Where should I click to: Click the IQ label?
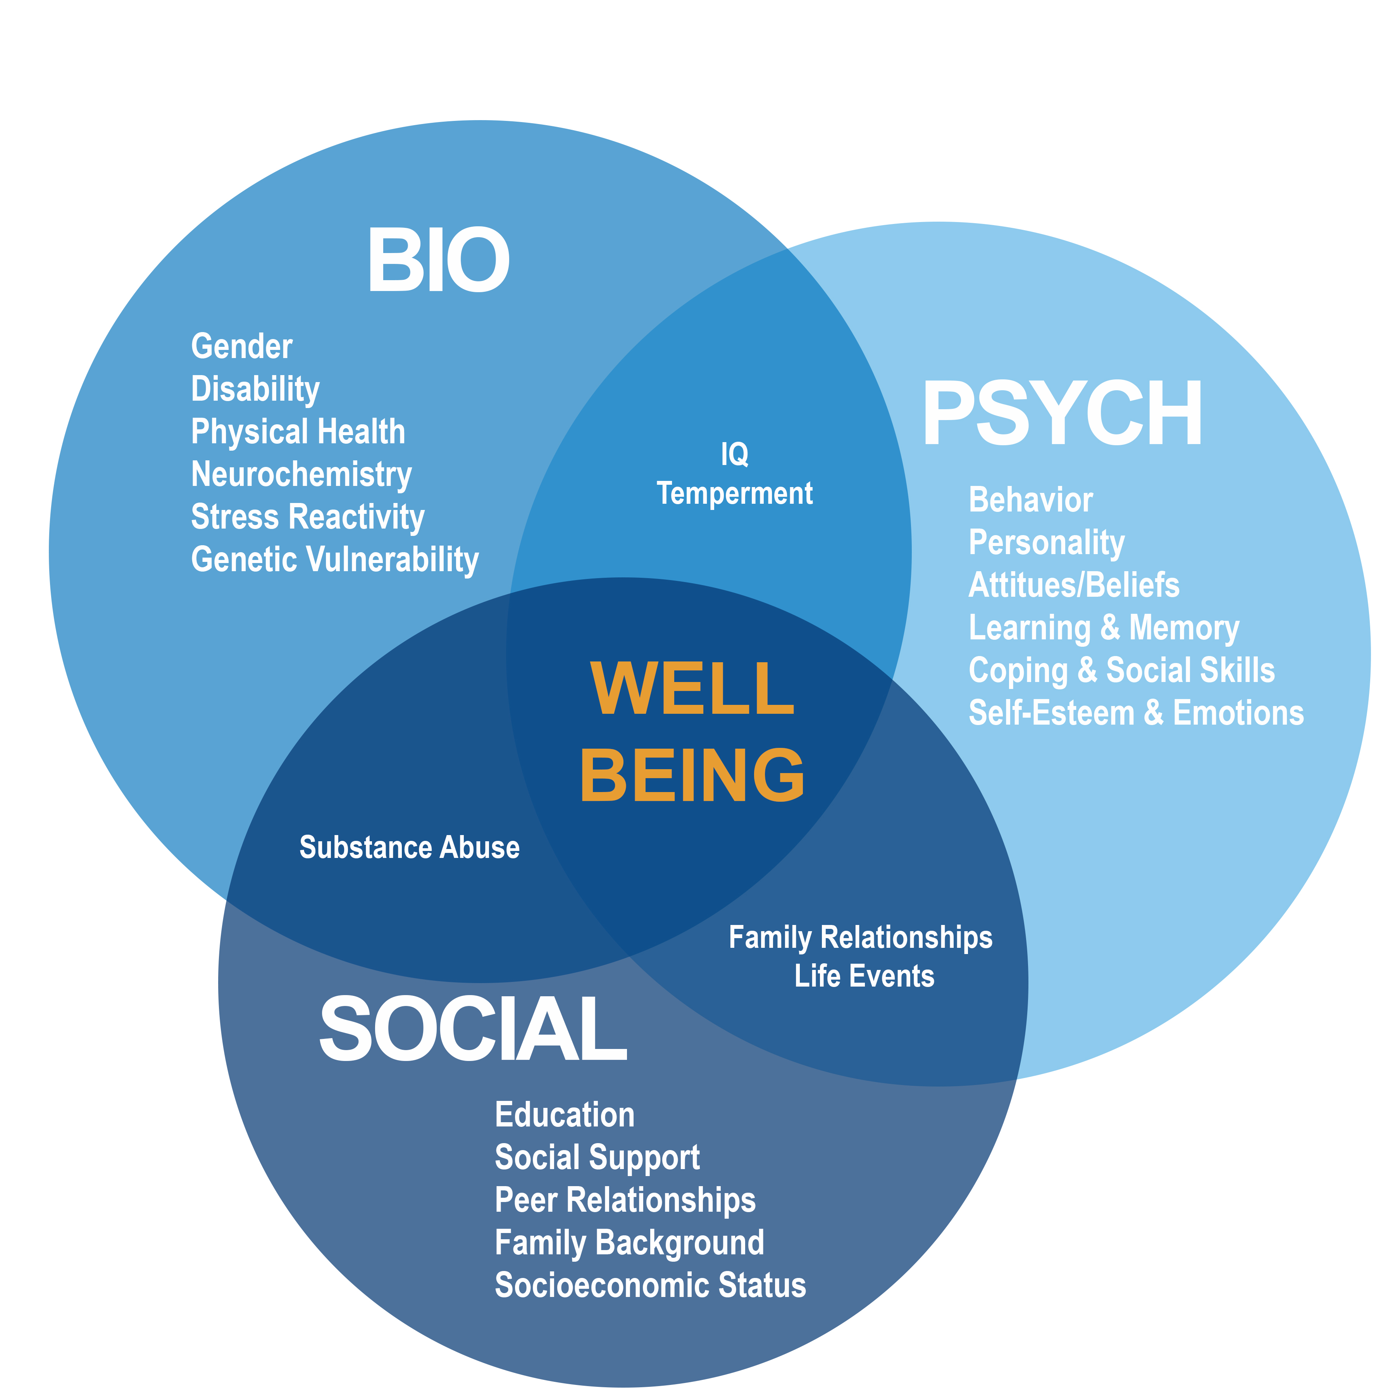point(734,454)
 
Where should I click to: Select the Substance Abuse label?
point(410,848)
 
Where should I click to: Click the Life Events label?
point(864,976)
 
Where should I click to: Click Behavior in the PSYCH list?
point(1030,500)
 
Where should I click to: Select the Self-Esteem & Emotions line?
point(1136,713)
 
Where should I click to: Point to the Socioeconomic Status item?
point(650,1285)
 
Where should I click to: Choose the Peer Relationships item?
point(625,1200)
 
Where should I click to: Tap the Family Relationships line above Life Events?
point(860,938)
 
